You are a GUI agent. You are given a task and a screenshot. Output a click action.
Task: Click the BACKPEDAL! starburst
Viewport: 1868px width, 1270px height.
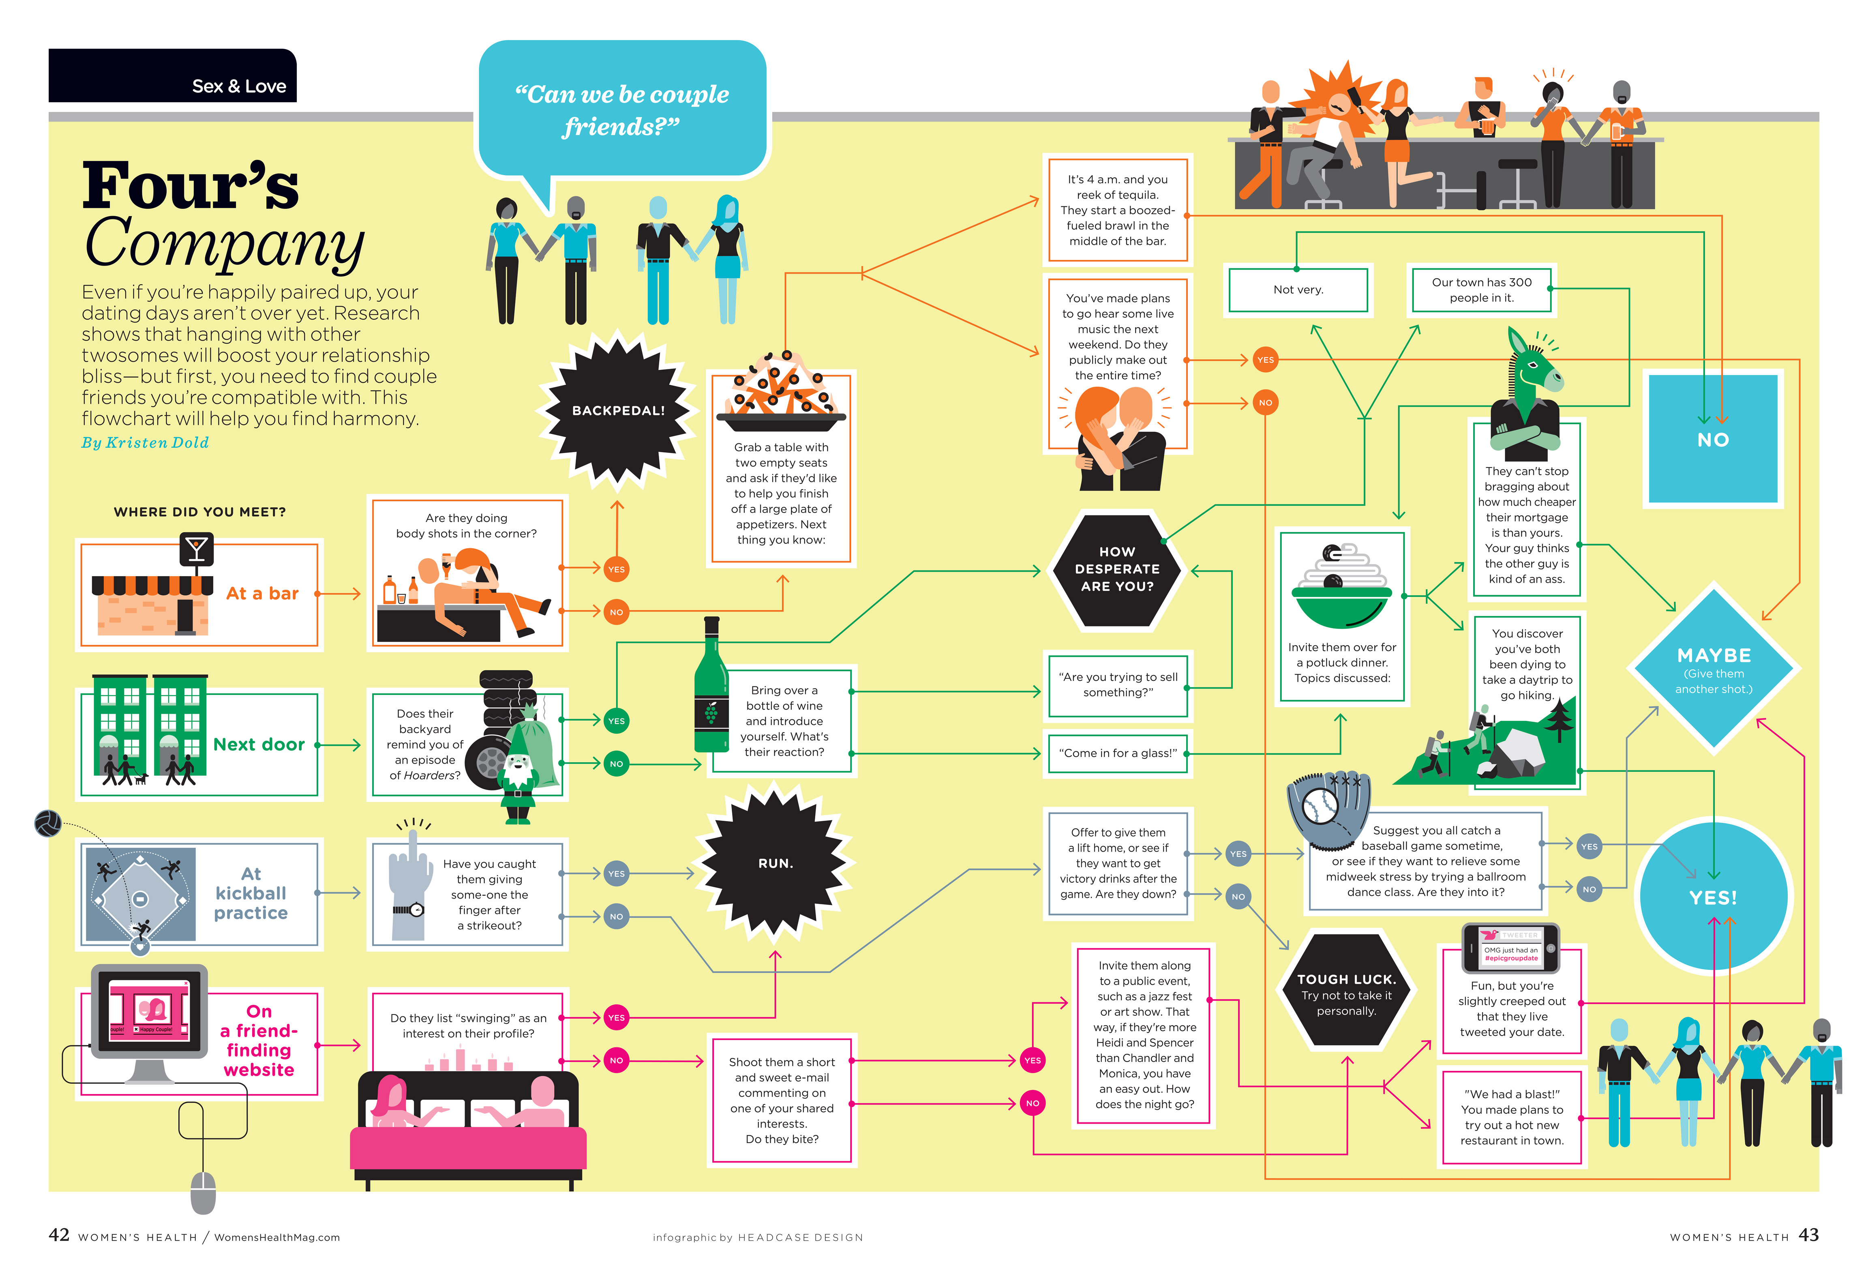pyautogui.click(x=617, y=410)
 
